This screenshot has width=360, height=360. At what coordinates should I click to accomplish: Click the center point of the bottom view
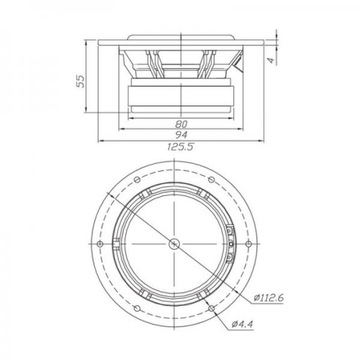pyautogui.click(x=175, y=244)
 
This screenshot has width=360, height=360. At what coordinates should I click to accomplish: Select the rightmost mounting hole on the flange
pyautogui.click(x=253, y=244)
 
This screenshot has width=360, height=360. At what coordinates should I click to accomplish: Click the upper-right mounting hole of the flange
pyautogui.click(x=214, y=178)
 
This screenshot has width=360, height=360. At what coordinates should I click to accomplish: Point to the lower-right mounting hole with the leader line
pyautogui.click(x=214, y=311)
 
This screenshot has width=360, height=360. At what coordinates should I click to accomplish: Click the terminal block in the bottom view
pyautogui.click(x=232, y=244)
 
